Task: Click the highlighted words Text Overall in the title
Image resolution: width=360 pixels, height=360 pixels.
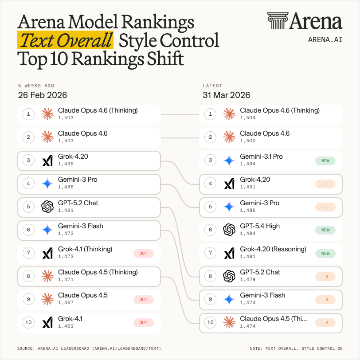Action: coord(65,40)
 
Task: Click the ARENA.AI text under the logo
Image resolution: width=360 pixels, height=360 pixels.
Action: coord(325,39)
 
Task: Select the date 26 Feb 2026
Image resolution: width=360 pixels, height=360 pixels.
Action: coord(43,95)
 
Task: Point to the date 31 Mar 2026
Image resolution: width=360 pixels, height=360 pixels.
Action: coord(226,95)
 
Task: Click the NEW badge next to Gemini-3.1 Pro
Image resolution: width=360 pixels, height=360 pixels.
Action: coord(325,161)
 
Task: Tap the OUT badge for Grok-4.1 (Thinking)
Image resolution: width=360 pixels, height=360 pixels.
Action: coord(144,254)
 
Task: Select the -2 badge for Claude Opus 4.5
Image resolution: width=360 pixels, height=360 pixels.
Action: coord(325,323)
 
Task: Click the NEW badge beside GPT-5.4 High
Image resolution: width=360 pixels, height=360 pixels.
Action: coord(325,230)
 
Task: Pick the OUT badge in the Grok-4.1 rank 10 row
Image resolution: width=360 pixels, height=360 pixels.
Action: coord(144,323)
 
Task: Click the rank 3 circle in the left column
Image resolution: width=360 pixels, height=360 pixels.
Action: coord(28,161)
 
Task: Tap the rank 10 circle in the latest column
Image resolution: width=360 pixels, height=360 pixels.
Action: coord(211,323)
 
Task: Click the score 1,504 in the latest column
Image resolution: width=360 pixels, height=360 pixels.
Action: coord(247,118)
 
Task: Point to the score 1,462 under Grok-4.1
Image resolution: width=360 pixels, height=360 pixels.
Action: coord(66,326)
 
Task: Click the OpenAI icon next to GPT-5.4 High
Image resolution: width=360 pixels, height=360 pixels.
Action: coord(229,230)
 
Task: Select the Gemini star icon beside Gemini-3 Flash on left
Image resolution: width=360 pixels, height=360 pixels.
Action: coord(47,230)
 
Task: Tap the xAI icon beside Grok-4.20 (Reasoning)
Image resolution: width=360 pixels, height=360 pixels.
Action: coord(229,253)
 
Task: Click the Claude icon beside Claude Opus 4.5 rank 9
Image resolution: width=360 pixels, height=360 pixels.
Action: coord(47,299)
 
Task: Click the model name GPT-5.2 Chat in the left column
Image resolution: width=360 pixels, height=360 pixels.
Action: coord(78,203)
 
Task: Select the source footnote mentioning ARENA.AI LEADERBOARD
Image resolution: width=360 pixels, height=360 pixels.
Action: coord(89,348)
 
